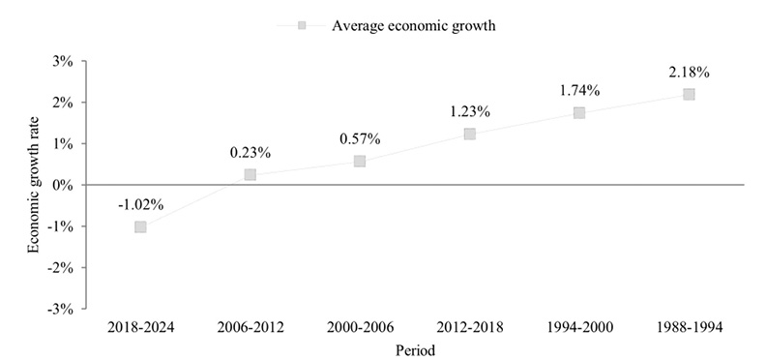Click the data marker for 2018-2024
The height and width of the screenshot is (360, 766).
coord(140,226)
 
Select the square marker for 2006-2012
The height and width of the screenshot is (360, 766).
coord(250,175)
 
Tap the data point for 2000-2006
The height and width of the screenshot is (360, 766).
coord(360,161)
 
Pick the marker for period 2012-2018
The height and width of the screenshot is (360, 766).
coord(469,134)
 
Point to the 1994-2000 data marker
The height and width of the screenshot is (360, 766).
coord(579,112)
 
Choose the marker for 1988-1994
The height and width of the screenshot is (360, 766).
coord(689,94)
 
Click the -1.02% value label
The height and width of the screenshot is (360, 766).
coord(140,204)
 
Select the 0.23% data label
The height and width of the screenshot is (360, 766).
coord(250,152)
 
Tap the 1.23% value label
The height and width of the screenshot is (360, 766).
coord(469,111)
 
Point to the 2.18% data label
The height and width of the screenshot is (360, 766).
coord(689,72)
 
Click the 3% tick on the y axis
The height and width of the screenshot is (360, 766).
coord(64,61)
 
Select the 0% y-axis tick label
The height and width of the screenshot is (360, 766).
coord(64,185)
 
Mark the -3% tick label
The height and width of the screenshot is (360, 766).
coord(62,309)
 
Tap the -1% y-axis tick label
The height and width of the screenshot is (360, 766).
coord(62,226)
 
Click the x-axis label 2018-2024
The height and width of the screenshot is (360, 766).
coord(140,328)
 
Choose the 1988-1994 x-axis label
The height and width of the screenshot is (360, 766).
coord(689,328)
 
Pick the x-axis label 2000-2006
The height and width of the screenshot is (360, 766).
coord(360,328)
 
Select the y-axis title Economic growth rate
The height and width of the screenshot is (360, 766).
coord(34,185)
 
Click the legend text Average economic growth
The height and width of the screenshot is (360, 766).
coord(413,26)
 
